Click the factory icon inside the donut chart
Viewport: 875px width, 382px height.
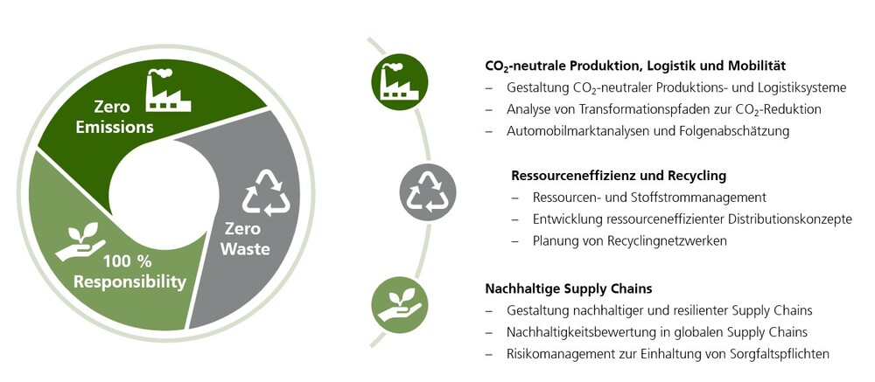pos(168,90)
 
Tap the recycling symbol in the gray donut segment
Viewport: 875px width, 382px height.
pos(266,193)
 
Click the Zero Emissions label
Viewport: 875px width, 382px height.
pos(115,116)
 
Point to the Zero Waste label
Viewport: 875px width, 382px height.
pos(245,239)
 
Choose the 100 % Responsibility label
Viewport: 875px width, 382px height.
pos(130,272)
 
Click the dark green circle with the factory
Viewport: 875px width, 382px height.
pos(400,82)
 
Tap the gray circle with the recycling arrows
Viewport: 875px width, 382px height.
pos(428,192)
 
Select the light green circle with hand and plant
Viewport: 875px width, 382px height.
pos(400,305)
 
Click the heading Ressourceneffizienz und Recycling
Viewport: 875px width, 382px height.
pos(619,176)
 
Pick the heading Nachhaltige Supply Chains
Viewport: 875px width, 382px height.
pos(569,288)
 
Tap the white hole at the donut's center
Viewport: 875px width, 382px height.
pos(164,193)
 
